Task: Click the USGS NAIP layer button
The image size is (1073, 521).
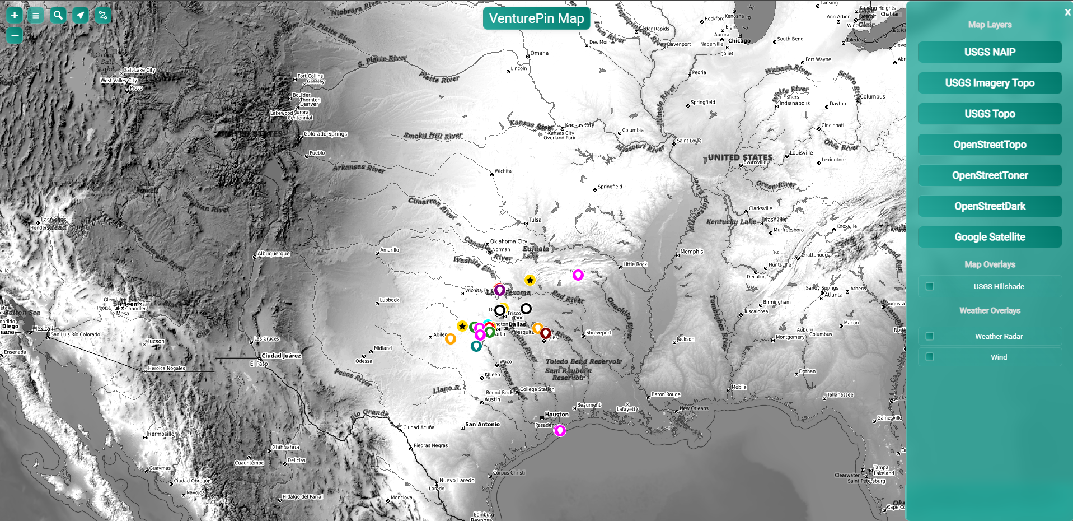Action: pyautogui.click(x=989, y=52)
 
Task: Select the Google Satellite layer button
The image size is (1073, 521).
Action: pyautogui.click(x=989, y=237)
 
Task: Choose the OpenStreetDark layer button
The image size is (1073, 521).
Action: pyautogui.click(x=989, y=206)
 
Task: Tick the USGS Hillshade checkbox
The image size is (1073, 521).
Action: pyautogui.click(x=930, y=286)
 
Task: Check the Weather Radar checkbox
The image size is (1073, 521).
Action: pyautogui.click(x=930, y=336)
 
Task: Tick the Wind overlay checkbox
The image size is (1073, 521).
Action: pyautogui.click(x=930, y=357)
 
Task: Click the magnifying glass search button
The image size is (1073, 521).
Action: pyautogui.click(x=58, y=15)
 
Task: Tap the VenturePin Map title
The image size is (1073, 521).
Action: pyautogui.click(x=536, y=18)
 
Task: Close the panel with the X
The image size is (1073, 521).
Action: pyautogui.click(x=1067, y=12)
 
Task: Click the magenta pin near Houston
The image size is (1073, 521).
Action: pyautogui.click(x=560, y=430)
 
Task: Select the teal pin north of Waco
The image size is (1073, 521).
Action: pyautogui.click(x=476, y=346)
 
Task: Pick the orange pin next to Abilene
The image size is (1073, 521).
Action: pyautogui.click(x=450, y=338)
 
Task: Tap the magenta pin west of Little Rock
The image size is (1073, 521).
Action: pyautogui.click(x=578, y=275)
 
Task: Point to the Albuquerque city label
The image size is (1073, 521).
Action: pyautogui.click(x=274, y=254)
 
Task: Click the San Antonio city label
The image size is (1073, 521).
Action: pyautogui.click(x=482, y=424)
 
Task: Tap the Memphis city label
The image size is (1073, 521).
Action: pyautogui.click(x=692, y=252)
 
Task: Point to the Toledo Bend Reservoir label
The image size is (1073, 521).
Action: pyautogui.click(x=583, y=361)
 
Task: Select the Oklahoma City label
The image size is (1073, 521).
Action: pyautogui.click(x=508, y=241)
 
